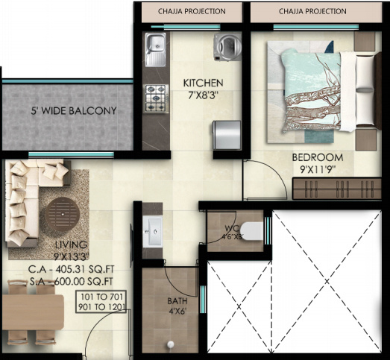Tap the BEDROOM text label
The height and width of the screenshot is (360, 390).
click(317, 158)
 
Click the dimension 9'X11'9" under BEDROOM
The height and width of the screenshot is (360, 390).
click(317, 170)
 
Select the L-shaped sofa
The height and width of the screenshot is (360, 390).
click(30, 205)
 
